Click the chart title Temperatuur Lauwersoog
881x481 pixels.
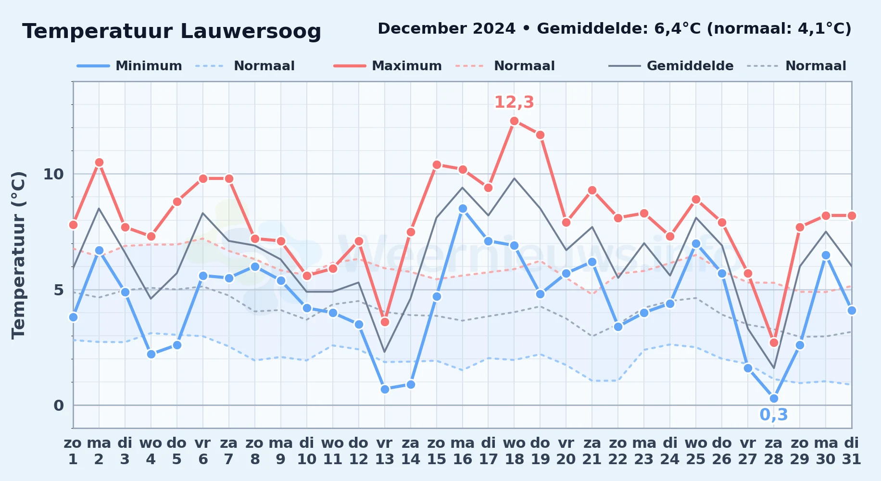(x=172, y=32)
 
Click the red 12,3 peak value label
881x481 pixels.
(x=514, y=102)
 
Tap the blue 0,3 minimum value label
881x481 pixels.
(x=774, y=415)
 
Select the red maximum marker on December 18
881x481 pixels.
(x=514, y=121)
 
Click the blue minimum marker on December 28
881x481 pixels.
(x=774, y=398)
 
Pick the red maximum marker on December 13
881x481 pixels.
(x=385, y=322)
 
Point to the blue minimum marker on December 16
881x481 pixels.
(x=463, y=209)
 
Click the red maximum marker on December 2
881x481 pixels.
(x=99, y=163)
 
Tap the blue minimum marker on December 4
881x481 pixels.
(x=151, y=354)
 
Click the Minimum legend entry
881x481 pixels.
(x=129, y=66)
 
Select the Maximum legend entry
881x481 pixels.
(x=388, y=66)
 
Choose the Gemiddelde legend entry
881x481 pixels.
(x=671, y=66)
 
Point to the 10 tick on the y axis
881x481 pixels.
(x=53, y=174)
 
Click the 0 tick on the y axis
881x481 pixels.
(x=59, y=405)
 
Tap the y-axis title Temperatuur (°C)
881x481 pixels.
(x=18, y=255)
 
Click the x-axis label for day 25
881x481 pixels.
(x=696, y=451)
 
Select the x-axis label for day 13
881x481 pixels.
(x=385, y=451)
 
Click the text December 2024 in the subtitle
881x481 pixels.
(x=447, y=29)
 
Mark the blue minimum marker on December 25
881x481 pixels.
(x=696, y=243)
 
